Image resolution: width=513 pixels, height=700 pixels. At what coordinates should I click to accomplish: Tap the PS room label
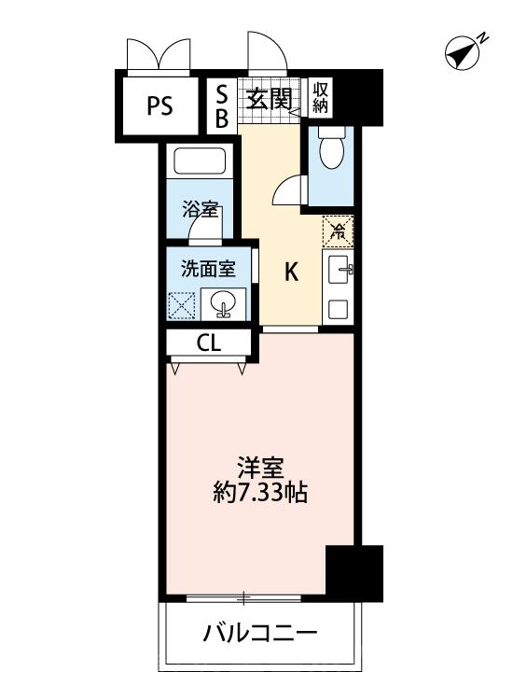coord(160,106)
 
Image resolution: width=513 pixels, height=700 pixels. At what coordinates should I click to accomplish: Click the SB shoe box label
coord(222,107)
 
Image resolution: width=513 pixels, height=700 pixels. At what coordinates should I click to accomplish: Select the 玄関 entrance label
coord(269,99)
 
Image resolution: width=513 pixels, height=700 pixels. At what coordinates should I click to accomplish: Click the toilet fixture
coord(331,146)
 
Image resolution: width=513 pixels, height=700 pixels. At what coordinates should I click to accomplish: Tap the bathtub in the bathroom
coord(200,161)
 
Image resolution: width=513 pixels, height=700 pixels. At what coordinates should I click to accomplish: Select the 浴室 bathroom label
coord(200,209)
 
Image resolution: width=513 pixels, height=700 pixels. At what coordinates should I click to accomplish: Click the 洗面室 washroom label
coord(208,269)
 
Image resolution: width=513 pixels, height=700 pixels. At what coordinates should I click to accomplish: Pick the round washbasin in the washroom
coord(223,304)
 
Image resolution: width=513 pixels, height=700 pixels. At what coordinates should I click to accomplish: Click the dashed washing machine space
coord(182,305)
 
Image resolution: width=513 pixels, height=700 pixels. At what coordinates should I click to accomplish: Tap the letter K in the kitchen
coord(291,271)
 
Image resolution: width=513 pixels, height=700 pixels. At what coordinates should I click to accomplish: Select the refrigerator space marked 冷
coord(338,231)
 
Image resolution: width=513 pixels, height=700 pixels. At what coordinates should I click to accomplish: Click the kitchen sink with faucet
coord(340,270)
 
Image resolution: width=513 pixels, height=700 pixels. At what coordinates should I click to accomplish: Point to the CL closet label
coord(209,343)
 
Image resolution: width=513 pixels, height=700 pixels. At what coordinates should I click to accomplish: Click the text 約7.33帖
coord(259,493)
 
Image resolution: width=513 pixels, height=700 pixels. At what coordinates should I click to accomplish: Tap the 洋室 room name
coord(260,468)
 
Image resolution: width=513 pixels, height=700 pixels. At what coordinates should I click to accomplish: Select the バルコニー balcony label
coord(260,633)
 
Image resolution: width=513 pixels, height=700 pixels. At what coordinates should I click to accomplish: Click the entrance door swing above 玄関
coord(268,51)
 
